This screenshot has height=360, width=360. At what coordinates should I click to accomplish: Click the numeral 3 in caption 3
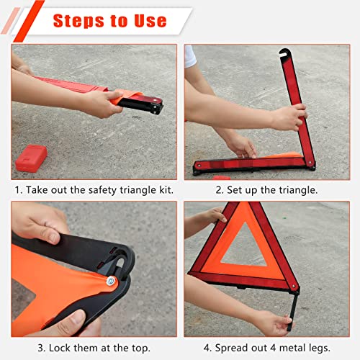pos(17,347)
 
